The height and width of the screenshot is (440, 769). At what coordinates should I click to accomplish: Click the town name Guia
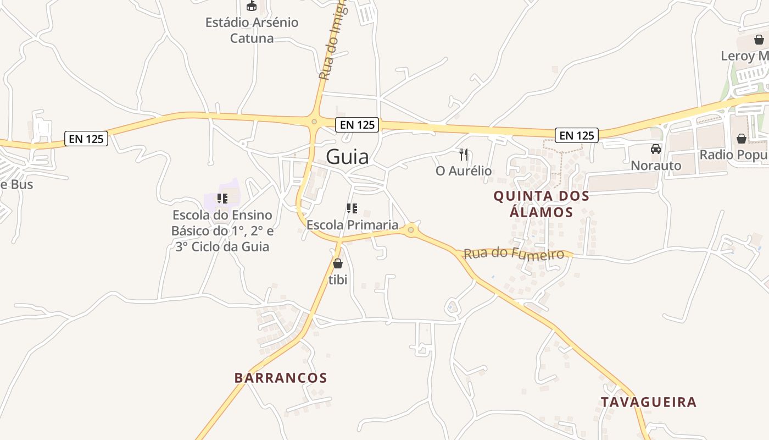coord(347,157)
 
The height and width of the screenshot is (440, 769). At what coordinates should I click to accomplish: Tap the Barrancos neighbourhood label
coord(281,378)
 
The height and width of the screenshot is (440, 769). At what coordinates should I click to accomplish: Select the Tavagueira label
coord(648,402)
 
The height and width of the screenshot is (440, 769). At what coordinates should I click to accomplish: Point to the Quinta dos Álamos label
coord(541,204)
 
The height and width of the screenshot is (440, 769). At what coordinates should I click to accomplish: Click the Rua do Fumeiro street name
coord(514,254)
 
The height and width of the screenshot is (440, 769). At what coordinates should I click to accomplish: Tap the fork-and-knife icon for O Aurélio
coord(464,155)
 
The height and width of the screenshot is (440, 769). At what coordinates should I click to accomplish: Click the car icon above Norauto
coord(655,148)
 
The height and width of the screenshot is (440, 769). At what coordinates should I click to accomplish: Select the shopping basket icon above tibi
coord(338,263)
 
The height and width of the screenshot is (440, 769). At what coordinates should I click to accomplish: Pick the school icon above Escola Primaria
coord(352,208)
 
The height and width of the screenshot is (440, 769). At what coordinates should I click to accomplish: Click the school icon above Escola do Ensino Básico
coord(222,199)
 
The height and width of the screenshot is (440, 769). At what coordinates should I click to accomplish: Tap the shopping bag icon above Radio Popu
coord(741,138)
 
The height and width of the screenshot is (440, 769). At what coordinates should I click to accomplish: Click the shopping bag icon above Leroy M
coord(759,40)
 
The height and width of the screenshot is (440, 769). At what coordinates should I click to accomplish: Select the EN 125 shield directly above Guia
coord(357,125)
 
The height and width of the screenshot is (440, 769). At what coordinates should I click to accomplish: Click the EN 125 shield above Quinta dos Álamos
coord(576,135)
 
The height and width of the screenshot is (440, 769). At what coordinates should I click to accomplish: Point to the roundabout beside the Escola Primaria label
coord(411,230)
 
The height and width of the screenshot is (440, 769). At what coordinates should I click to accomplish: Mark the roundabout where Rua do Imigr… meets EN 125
coord(314,122)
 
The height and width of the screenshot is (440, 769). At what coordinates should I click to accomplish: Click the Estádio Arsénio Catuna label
coord(252,30)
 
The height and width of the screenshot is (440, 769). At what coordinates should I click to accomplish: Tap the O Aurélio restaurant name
coord(464,171)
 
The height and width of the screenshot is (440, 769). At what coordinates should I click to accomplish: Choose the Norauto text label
coord(655,166)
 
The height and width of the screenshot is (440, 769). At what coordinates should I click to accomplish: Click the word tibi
coord(338,279)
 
